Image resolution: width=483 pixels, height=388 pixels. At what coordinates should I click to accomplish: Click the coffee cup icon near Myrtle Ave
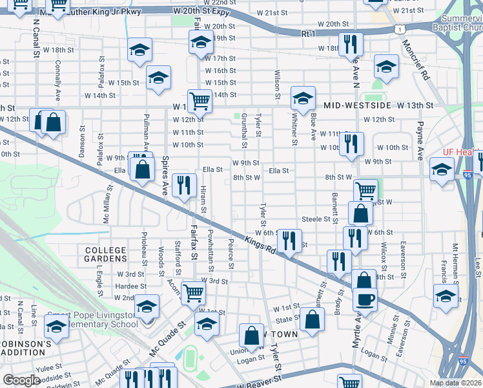(365, 300)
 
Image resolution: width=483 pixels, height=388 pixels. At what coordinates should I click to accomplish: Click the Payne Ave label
(420, 140)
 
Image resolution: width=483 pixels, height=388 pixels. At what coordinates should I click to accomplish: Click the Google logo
(21, 380)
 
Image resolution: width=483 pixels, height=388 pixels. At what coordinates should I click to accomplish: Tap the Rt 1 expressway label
(308, 33)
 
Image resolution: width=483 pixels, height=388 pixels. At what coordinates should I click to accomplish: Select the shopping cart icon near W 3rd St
(193, 292)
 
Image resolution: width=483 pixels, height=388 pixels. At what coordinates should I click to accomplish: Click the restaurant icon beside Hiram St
(185, 185)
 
